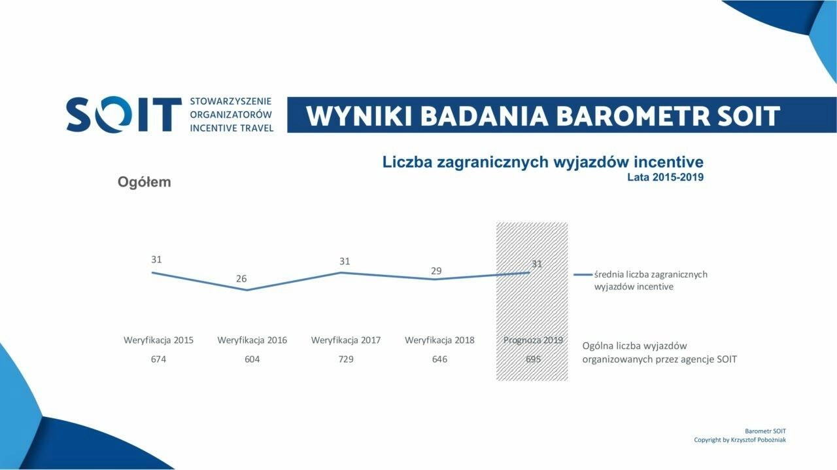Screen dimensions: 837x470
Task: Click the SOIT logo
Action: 124,114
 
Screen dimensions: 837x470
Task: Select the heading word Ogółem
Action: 145,182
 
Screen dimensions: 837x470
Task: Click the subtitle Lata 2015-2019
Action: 665,177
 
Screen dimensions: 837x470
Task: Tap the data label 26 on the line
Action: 241,278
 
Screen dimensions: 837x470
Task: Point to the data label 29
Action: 436,270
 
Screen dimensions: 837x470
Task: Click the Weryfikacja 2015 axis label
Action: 158,340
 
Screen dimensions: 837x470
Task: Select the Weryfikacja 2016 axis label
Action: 252,340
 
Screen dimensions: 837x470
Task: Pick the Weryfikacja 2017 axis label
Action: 346,340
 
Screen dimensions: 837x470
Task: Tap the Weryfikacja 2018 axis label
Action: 439,340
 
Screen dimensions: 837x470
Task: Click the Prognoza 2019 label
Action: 533,340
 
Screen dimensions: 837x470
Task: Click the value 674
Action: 158,359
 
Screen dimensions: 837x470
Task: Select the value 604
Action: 252,359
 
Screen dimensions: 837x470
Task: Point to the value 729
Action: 346,359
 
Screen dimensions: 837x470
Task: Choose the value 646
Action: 439,359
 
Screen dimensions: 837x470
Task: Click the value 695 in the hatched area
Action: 533,359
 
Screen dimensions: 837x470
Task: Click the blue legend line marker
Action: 583,275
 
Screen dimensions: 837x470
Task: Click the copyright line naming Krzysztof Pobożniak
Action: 740,440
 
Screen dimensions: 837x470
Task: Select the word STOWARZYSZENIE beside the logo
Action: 231,101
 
